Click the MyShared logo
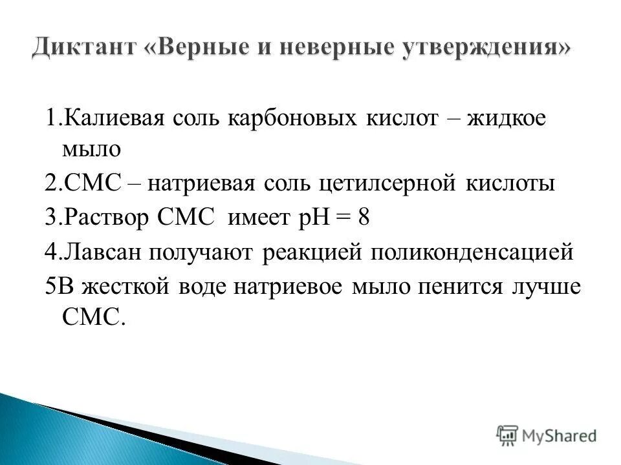[x=547, y=435]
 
